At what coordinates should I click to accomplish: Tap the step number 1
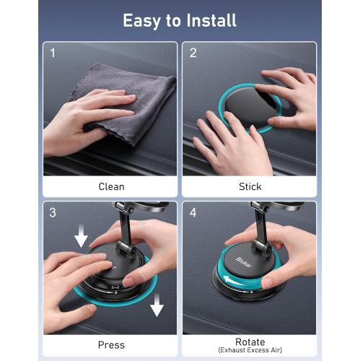[53, 53]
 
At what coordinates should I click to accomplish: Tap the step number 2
[193, 53]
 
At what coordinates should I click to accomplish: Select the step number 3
[53, 212]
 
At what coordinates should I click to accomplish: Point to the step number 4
[193, 212]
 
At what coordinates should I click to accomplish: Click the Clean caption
[111, 186]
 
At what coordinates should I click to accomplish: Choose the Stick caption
[250, 186]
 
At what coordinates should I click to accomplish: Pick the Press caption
[111, 345]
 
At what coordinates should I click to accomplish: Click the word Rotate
[250, 342]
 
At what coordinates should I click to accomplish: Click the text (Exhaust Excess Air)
[250, 350]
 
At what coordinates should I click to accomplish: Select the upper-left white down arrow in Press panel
[81, 236]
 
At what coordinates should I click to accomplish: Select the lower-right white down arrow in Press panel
[157, 305]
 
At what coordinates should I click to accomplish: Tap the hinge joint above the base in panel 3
[126, 249]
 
